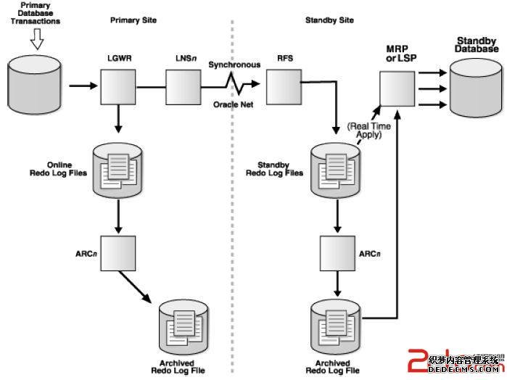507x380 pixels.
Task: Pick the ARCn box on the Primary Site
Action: click(118, 252)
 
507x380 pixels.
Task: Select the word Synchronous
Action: click(234, 65)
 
